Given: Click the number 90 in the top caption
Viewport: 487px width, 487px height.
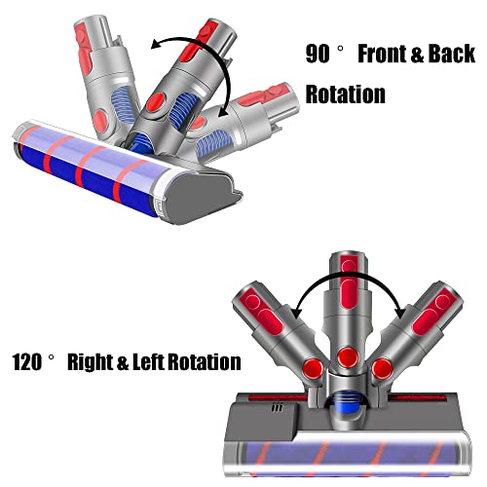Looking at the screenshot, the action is pos(318,54).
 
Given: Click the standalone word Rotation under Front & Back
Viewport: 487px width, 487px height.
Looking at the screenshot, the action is pos(346,94).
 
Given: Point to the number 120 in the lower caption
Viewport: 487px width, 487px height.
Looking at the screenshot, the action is pos(27,362).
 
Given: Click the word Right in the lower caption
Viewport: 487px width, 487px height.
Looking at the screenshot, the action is pos(90,362).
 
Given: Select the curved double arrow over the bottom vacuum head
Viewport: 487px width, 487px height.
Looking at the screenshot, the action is pos(349,274).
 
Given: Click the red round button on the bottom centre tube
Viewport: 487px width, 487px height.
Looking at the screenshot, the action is pos(348,358).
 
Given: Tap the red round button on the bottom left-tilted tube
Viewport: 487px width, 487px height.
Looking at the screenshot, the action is pos(313,369).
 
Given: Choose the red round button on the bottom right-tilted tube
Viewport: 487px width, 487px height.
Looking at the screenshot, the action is pos(383,369).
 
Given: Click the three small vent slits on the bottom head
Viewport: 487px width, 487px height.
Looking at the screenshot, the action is pos(277,407).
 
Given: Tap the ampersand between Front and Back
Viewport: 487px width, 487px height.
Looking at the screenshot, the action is pos(417,55).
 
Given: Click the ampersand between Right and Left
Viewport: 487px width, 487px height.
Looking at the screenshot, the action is pos(123,362).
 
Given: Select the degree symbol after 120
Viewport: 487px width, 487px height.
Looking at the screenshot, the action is pos(52,357).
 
